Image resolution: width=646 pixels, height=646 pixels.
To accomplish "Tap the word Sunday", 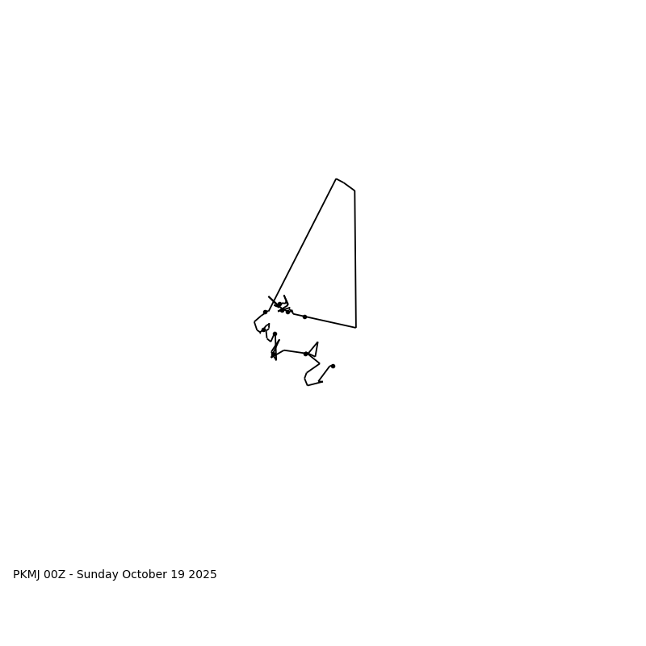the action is (99, 575).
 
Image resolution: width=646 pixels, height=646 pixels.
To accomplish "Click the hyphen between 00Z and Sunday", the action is (71, 575).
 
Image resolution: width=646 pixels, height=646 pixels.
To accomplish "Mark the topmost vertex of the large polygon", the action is (336, 178).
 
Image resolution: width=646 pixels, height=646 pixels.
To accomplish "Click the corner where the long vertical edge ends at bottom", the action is (355, 327).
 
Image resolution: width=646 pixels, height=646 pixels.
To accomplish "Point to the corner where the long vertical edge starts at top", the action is (354, 191).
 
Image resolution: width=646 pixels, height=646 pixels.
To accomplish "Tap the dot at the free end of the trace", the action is (333, 366).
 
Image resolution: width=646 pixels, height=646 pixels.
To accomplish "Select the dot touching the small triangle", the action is (305, 354).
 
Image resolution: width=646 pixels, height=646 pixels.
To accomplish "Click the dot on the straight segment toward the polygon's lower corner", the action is (304, 317).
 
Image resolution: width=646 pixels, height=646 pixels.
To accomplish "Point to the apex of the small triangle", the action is (317, 342).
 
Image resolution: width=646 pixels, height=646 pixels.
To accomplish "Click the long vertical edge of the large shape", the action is (355, 258).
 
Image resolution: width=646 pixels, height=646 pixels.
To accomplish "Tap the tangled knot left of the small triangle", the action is (275, 351).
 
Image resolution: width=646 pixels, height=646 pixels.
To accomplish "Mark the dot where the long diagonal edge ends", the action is (265, 312).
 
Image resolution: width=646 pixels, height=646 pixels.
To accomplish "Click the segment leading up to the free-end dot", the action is (325, 373).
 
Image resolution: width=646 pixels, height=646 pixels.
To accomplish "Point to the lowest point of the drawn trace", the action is (308, 385).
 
